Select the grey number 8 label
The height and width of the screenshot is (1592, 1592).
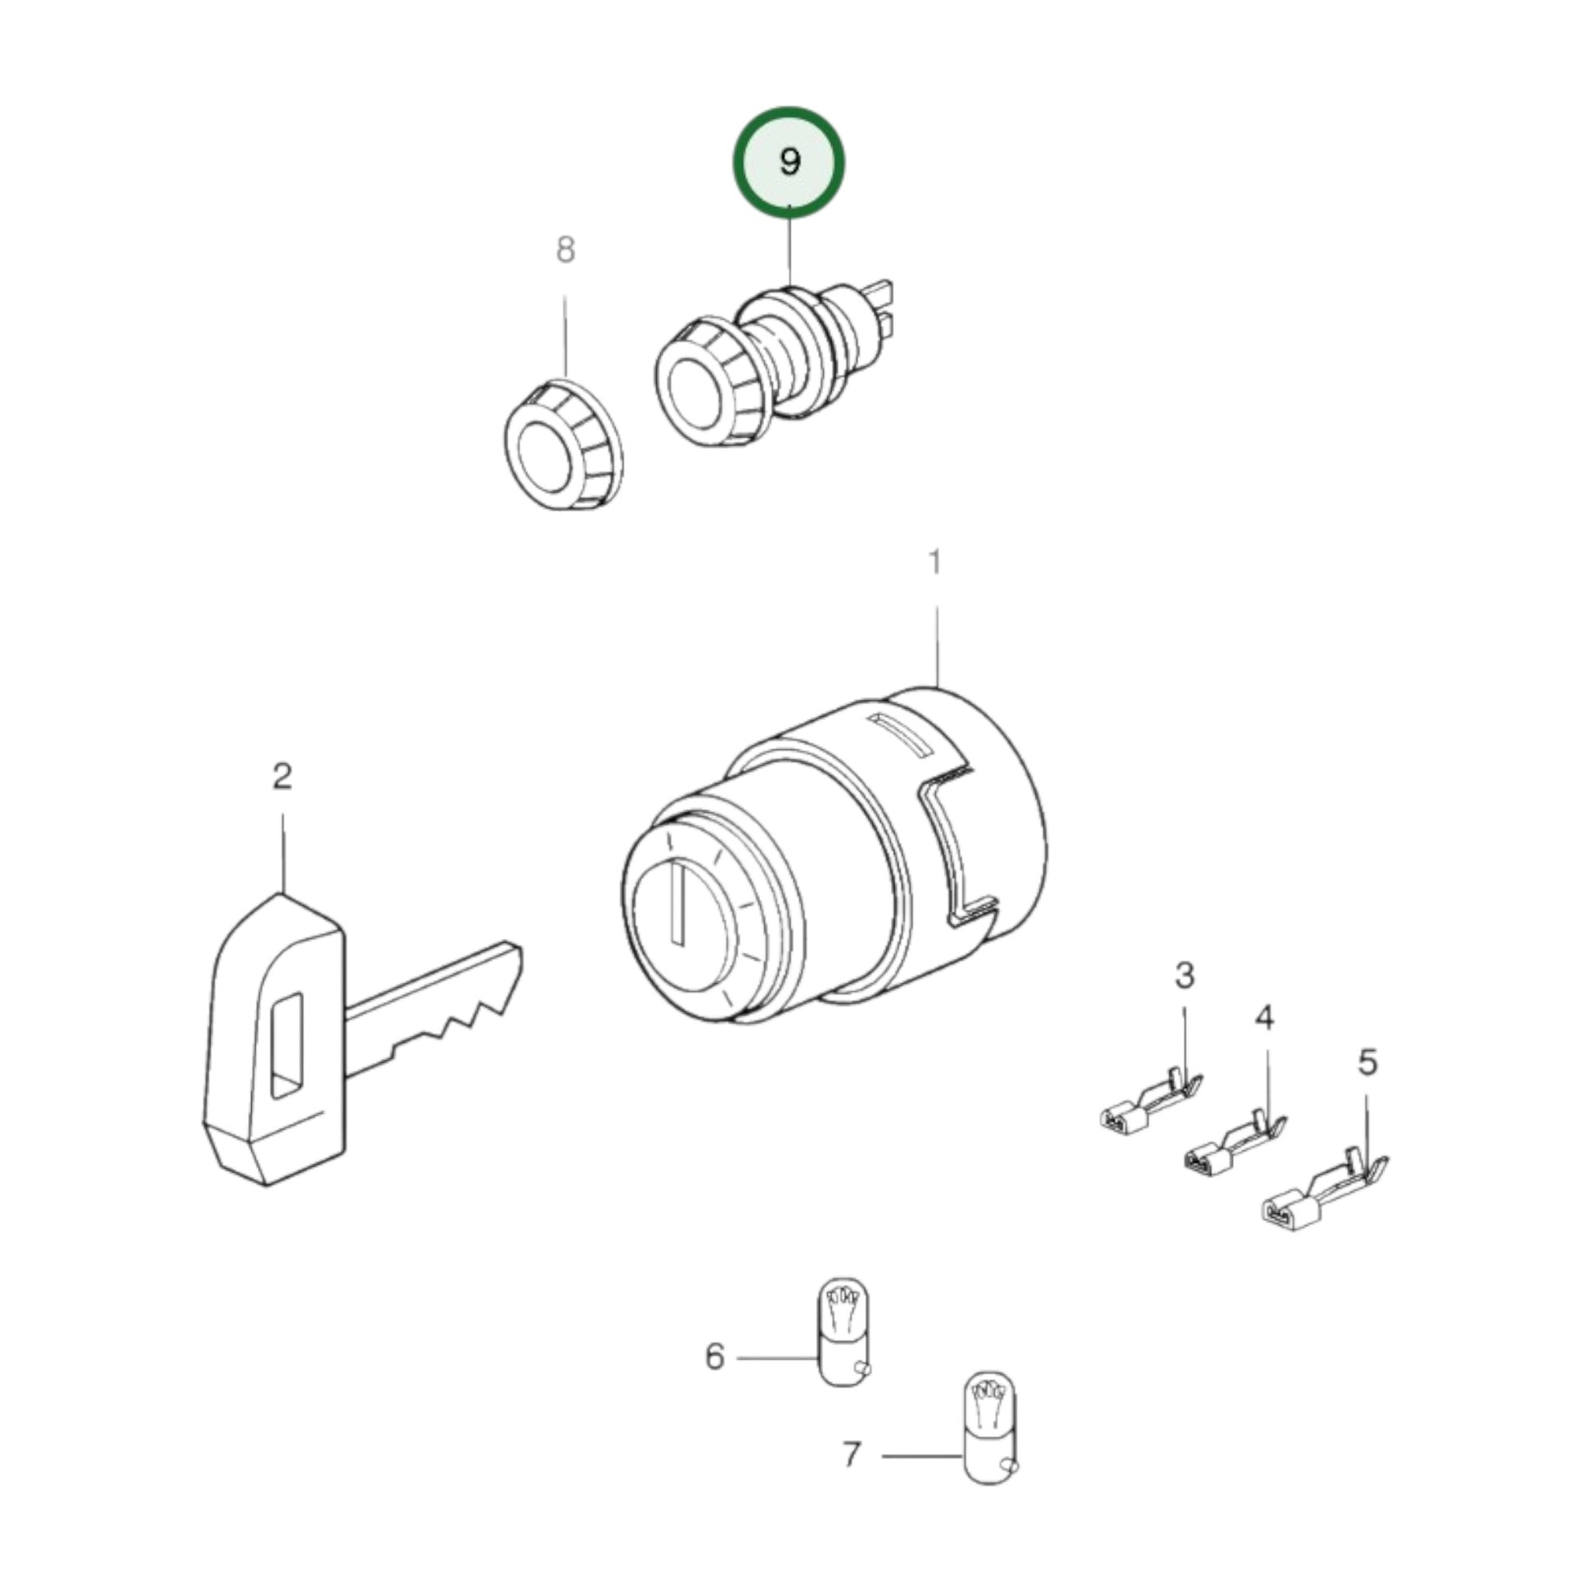click(565, 250)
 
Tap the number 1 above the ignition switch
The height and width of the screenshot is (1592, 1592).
click(934, 563)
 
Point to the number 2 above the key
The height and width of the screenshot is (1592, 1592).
click(282, 776)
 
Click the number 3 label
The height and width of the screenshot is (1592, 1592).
click(1184, 975)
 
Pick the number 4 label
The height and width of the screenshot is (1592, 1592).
click(1264, 1019)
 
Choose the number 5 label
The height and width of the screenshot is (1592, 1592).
click(1367, 1062)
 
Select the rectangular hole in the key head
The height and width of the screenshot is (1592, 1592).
click(287, 1046)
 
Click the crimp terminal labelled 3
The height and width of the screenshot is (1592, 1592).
click(1150, 1104)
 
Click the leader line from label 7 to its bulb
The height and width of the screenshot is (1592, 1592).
click(921, 1456)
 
